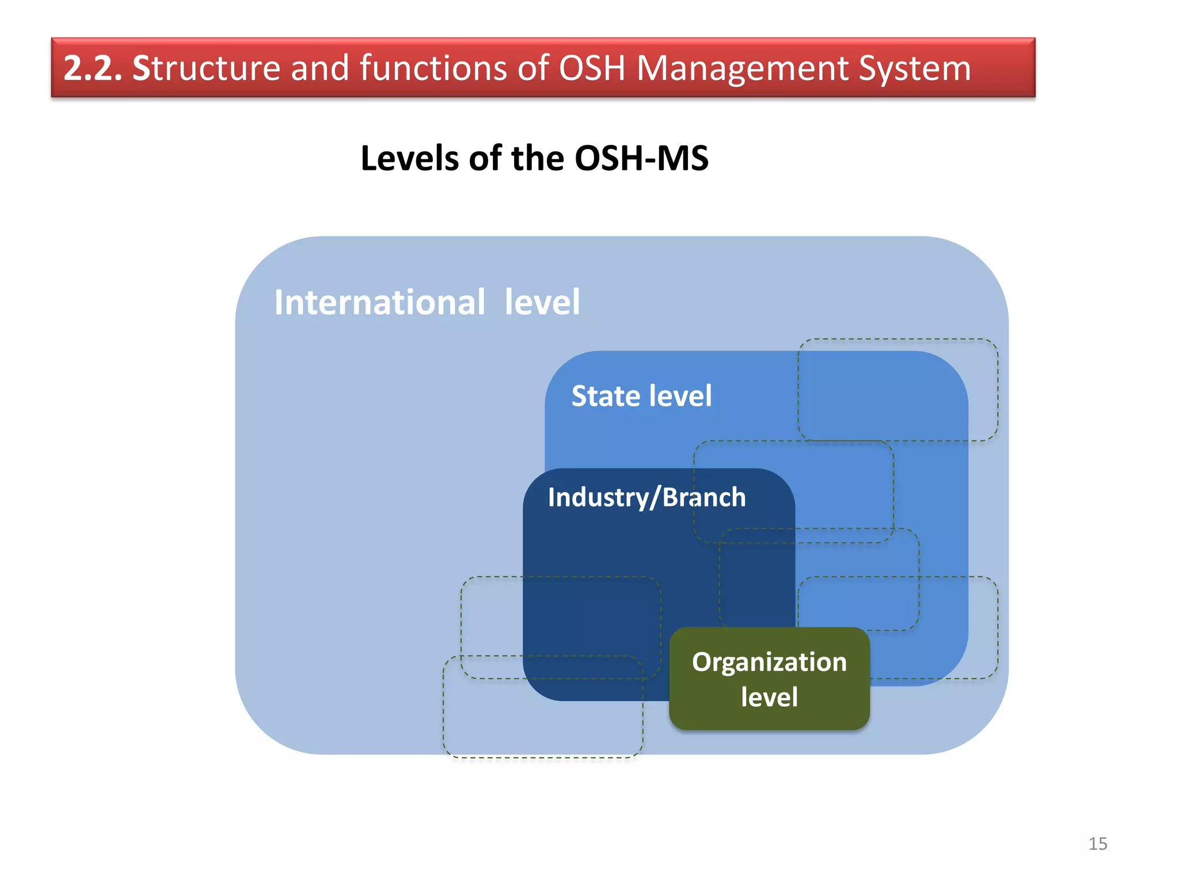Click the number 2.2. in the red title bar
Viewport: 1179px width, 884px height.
click(x=92, y=68)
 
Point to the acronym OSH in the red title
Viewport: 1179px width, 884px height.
click(x=591, y=68)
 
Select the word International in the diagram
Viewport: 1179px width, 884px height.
click(x=379, y=302)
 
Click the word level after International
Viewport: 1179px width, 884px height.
click(x=542, y=302)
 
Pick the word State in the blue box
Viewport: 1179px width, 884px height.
click(x=604, y=396)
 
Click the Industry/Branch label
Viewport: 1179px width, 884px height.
click(x=646, y=497)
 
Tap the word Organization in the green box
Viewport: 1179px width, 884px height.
click(x=769, y=662)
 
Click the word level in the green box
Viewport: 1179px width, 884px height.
click(x=769, y=697)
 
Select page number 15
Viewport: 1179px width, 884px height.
click(x=1097, y=844)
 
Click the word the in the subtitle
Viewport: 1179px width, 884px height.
click(x=537, y=158)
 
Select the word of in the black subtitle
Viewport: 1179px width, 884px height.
click(x=485, y=158)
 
